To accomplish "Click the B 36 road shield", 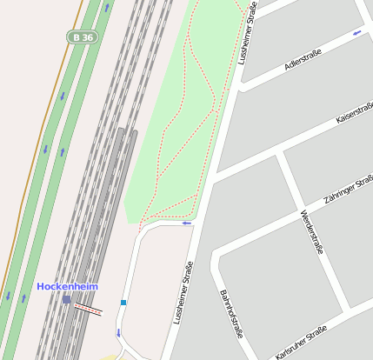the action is [x=83, y=37].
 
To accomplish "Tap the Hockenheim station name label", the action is [x=67, y=286].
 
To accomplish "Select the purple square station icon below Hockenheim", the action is [x=66, y=299].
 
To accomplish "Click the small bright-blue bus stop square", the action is [x=123, y=303].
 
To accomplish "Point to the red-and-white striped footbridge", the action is [x=87, y=306].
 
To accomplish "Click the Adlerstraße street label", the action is [x=303, y=61].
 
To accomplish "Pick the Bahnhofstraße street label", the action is [x=230, y=314].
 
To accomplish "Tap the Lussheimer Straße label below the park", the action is [x=183, y=294].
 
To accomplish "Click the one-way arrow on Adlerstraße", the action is [x=356, y=33].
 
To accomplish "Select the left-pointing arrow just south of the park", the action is [x=186, y=223].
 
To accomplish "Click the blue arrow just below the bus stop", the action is [x=119, y=332].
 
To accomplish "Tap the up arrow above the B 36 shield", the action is [x=107, y=7].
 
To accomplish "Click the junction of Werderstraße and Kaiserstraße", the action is [x=279, y=153].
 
